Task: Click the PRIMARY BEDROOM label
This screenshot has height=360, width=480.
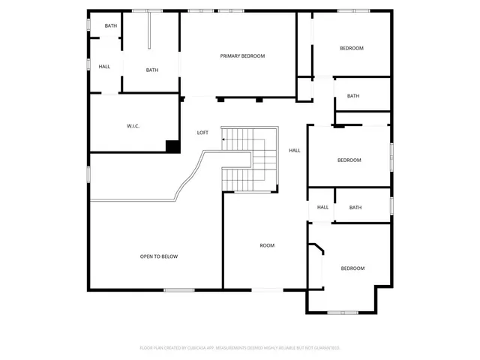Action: tap(242, 56)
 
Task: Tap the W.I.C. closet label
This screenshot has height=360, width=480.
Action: tap(133, 126)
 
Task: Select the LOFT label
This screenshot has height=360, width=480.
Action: tap(202, 133)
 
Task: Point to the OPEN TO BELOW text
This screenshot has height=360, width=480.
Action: tap(159, 256)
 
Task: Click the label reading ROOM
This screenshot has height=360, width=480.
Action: tap(267, 245)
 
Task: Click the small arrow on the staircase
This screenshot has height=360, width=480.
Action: tap(224, 139)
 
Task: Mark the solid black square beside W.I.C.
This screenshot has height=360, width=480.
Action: tap(172, 146)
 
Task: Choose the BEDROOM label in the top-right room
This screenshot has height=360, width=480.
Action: tap(351, 49)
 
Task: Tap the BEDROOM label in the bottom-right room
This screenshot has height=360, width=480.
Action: tap(352, 268)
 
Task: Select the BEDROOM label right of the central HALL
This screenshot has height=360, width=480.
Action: tap(349, 160)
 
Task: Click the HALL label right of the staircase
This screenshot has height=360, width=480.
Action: tap(295, 151)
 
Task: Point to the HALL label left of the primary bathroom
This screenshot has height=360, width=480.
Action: tap(104, 67)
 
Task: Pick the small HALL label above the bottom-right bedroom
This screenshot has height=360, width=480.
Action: tap(322, 208)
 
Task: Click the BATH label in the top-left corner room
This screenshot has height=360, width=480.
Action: tap(111, 26)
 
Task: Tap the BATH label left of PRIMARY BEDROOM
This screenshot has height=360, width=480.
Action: tap(152, 70)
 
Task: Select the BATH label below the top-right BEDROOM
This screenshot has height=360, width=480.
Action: tap(353, 96)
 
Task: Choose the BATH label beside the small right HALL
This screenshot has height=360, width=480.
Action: tap(355, 208)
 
